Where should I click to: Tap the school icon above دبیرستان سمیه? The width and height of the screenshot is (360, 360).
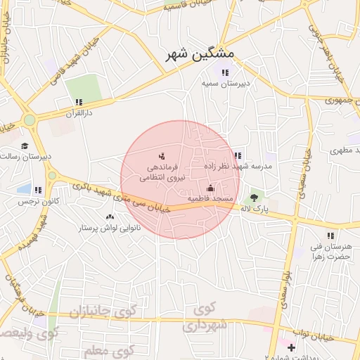(225, 72)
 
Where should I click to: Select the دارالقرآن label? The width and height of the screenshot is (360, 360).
(79, 112)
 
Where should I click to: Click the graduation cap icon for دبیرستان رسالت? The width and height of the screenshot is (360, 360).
(25, 146)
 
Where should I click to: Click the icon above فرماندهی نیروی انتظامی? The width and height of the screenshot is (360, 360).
(162, 156)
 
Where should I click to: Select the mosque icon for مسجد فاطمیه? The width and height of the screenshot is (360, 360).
(210, 188)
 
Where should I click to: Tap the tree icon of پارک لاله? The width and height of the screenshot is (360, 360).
(254, 198)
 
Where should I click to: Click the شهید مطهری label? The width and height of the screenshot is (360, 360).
(345, 150)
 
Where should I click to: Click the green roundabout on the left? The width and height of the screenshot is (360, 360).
(29, 120)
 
